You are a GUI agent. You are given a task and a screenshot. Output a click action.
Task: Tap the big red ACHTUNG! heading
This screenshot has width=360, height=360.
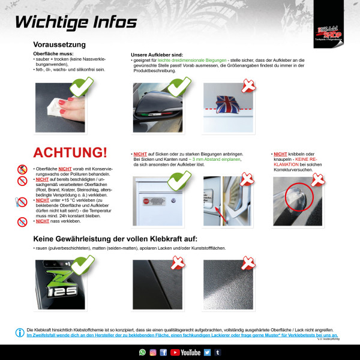(x=70, y=153)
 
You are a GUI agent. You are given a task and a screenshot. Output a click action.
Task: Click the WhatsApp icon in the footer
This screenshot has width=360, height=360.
(x=142, y=352)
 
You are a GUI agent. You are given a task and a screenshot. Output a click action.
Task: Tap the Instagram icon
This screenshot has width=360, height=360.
(x=152, y=352)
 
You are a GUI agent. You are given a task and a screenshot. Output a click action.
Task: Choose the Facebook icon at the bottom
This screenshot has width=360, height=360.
(x=163, y=352)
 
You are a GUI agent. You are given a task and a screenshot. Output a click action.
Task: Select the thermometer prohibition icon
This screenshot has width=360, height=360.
(x=22, y=202)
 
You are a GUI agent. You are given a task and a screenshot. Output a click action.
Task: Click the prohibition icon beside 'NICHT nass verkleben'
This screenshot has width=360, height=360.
(x=22, y=221)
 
